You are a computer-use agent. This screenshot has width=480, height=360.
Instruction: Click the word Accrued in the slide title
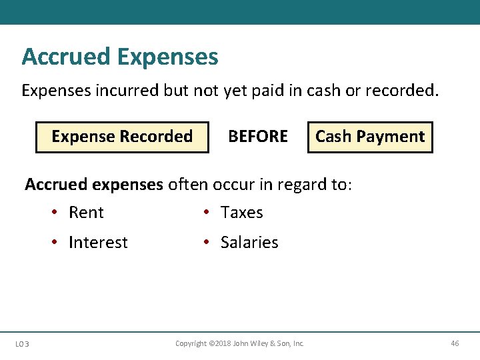pyautogui.click(x=65, y=57)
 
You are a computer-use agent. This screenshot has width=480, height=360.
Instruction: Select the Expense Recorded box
pyautogui.click(x=122, y=137)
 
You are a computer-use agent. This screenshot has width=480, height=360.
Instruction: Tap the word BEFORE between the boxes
pyautogui.click(x=258, y=137)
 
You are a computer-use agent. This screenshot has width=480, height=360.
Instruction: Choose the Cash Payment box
pyautogui.click(x=370, y=137)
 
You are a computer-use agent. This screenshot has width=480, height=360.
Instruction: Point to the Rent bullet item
pyautogui.click(x=86, y=213)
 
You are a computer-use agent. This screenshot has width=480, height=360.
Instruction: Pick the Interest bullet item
pyautogui.click(x=98, y=243)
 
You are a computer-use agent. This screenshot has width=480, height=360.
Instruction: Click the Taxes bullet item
pyautogui.click(x=242, y=213)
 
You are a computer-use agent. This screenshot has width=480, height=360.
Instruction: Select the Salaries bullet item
pyautogui.click(x=249, y=243)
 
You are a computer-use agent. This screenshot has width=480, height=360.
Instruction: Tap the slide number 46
pyautogui.click(x=455, y=343)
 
